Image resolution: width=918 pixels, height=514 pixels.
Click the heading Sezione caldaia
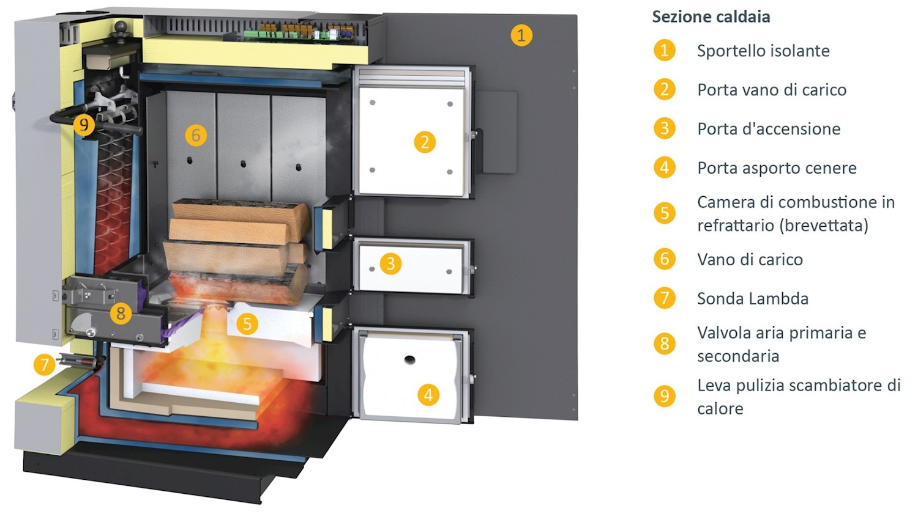(711, 17)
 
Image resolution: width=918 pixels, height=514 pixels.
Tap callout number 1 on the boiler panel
(521, 35)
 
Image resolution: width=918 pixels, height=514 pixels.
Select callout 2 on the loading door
(424, 142)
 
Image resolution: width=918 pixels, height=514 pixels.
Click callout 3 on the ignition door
(390, 264)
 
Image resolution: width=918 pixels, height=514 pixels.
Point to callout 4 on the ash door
(428, 395)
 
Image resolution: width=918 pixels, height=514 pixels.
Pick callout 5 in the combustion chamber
(247, 323)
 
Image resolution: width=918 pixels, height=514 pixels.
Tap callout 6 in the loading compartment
(196, 135)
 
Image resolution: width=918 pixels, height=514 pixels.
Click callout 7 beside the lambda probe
(44, 365)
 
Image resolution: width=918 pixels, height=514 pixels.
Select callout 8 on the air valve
(121, 314)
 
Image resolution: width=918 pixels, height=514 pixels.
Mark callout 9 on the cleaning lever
(84, 125)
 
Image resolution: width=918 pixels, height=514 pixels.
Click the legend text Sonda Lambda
(752, 299)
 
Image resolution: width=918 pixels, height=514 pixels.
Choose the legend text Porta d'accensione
(769, 129)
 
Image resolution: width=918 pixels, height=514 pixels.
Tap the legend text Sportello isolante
(763, 51)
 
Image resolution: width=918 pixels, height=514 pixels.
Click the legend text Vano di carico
(750, 260)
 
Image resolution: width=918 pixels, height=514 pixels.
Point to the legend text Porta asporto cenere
(777, 168)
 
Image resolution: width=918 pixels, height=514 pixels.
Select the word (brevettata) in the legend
(825, 226)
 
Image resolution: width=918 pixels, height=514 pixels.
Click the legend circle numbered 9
(665, 396)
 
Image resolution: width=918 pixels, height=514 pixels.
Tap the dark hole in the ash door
(409, 360)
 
